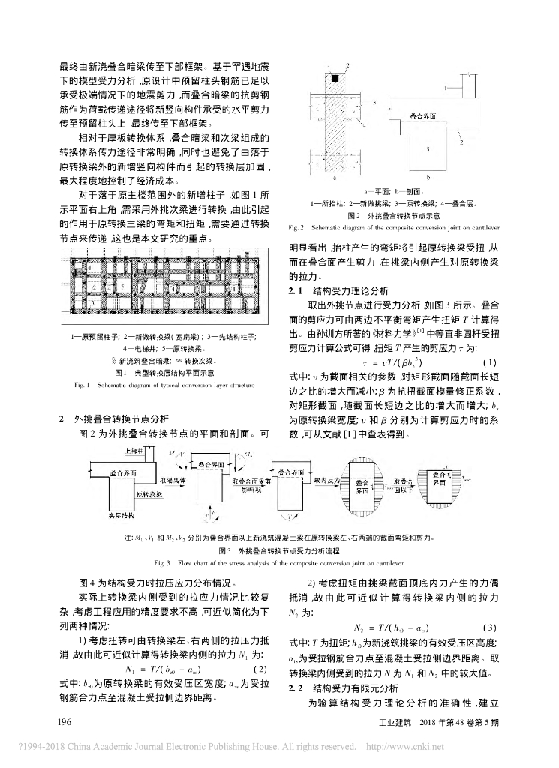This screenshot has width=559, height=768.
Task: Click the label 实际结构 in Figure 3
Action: [x=116, y=516]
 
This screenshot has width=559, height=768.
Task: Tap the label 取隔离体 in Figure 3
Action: [x=170, y=478]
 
